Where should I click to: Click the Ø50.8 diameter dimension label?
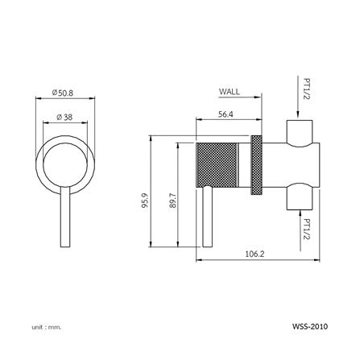tap(63, 93)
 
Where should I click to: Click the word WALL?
tap(230, 93)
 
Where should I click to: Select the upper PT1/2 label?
tap(308, 89)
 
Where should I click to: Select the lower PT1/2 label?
tap(308, 227)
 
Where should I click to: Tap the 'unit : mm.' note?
tap(47, 327)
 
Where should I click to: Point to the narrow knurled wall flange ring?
tap(258, 163)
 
